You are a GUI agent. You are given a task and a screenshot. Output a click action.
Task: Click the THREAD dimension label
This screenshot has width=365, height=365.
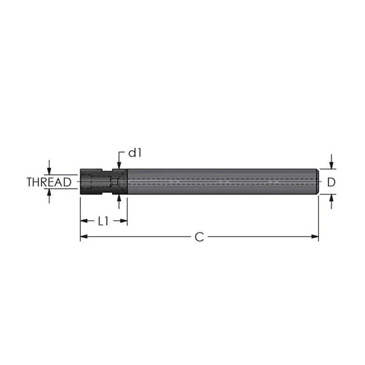click(53, 182)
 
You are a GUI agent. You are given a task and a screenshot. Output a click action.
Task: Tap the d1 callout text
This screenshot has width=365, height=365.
click(134, 153)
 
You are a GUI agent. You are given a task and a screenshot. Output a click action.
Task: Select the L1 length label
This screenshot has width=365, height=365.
click(103, 221)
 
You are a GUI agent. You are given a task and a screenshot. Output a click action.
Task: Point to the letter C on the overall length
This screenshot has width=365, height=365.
click(199, 237)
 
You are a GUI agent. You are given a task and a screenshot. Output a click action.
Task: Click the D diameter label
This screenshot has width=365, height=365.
click(331, 182)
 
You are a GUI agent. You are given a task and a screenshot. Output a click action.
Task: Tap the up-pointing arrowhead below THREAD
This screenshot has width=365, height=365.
click(49, 193)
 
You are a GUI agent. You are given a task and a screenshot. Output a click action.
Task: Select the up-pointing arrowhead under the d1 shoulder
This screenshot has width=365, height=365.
click(119, 198)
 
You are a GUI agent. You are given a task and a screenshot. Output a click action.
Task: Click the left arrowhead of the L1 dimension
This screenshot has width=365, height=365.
click(83, 221)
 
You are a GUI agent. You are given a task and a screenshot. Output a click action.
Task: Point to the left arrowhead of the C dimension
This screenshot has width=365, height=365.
click(83, 237)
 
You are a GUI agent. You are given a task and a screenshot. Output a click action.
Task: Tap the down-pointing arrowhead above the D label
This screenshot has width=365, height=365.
click(331, 165)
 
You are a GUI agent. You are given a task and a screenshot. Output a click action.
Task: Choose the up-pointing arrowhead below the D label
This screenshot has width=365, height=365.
click(331, 198)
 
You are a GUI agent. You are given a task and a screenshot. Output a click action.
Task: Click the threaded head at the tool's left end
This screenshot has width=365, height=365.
click(91, 182)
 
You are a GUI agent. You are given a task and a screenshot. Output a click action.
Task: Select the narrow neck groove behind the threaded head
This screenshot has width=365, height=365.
click(108, 182)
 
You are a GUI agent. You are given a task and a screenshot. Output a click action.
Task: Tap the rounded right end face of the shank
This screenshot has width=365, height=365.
click(318, 182)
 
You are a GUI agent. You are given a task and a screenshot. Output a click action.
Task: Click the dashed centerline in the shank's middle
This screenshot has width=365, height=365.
click(219, 182)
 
